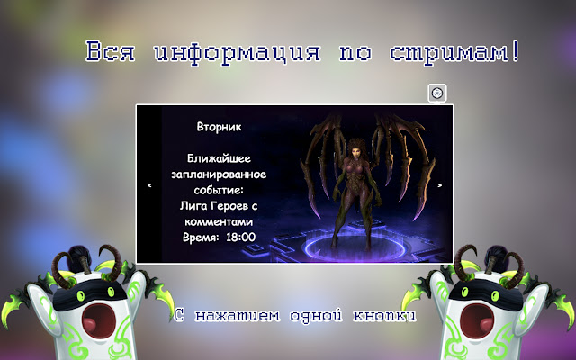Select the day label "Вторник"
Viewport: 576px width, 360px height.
[x=220, y=127]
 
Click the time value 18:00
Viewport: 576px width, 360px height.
[x=240, y=238]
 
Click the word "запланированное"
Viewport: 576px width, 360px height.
[x=220, y=173]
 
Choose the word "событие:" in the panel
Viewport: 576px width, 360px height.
[x=220, y=189]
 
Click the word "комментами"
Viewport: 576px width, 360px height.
[x=220, y=221]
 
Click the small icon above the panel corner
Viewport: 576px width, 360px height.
[x=436, y=93]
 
